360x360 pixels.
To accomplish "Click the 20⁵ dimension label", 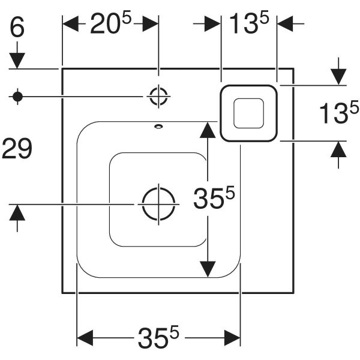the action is tap(110, 23).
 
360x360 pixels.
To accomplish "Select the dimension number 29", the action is tap(17, 149).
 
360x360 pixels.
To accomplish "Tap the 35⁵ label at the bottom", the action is tap(158, 337).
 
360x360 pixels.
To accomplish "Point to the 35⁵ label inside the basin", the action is tap(214, 197).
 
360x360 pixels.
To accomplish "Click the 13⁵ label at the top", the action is tap(249, 23).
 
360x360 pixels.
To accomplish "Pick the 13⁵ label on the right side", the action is tap(339, 112).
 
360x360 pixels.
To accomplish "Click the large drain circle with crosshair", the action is tap(158, 204).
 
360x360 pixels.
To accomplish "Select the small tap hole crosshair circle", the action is tap(158, 97).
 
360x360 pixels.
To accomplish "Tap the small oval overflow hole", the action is tap(158, 126).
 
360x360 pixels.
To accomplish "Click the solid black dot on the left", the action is tap(17, 97).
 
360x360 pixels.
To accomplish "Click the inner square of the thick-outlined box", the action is tap(248, 113).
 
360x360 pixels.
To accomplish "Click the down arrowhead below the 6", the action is tap(17, 61).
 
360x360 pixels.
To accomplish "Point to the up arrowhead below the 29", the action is tap(17, 212).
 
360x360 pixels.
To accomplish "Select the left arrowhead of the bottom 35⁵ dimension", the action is tap(85, 338).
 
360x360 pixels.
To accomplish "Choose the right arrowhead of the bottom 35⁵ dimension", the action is tap(232, 338).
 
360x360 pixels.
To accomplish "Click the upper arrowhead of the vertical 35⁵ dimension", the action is tap(208, 130).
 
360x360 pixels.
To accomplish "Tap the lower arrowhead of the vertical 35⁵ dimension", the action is tap(208, 269).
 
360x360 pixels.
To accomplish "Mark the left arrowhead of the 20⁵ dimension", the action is tap(71, 23).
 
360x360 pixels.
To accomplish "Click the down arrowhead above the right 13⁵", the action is tap(338, 77).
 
